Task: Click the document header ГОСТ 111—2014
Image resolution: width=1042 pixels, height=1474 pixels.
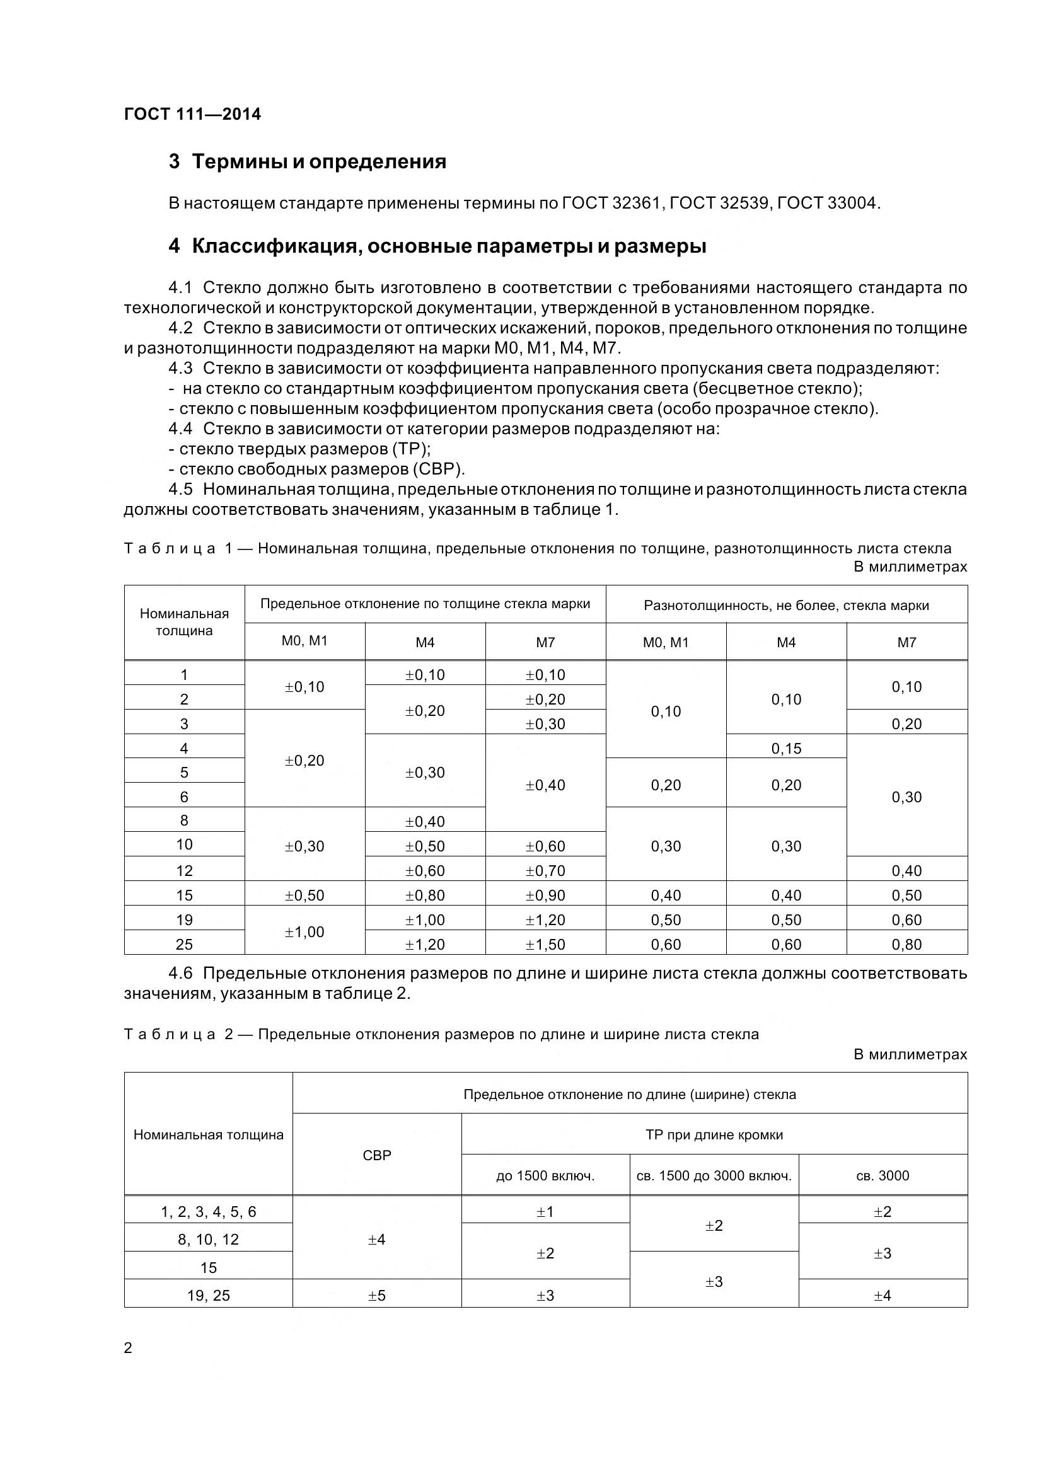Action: click(193, 114)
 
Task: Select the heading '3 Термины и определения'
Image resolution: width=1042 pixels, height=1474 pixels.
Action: click(308, 161)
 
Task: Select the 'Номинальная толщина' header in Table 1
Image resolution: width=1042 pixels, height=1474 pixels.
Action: click(184, 621)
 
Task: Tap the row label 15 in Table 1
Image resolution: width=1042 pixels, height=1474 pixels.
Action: click(184, 895)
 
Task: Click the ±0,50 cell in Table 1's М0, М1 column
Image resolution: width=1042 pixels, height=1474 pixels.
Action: click(304, 895)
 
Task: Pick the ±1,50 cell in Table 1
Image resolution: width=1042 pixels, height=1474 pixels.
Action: click(545, 945)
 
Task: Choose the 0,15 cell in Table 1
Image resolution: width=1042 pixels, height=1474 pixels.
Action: click(786, 748)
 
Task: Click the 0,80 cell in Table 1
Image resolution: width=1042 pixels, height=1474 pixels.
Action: click(906, 945)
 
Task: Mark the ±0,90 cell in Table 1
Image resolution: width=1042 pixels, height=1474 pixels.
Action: click(545, 895)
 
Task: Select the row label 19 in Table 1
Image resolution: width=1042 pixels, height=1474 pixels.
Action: click(184, 920)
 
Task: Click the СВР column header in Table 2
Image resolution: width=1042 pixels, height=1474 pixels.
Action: click(377, 1155)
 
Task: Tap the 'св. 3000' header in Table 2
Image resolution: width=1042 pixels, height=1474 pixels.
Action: click(882, 1175)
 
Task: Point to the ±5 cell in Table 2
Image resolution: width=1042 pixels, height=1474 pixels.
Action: click(377, 1296)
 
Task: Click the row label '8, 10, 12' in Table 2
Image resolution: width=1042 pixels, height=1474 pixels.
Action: click(208, 1240)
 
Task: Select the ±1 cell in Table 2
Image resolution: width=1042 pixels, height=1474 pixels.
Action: click(545, 1211)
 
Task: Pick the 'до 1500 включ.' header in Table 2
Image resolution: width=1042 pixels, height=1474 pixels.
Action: click(545, 1175)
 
